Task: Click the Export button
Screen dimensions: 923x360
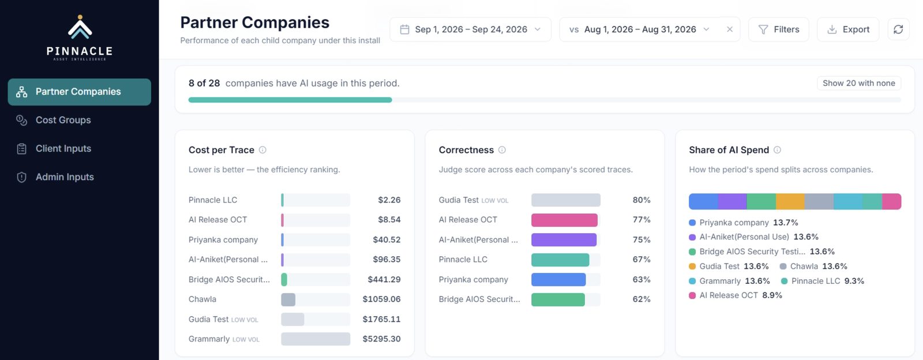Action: (x=848, y=29)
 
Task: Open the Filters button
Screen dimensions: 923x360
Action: (x=778, y=29)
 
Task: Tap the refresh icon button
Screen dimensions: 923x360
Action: (x=898, y=29)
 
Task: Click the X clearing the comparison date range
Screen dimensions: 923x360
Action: (x=730, y=29)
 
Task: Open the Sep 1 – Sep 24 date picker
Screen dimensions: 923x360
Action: (x=470, y=29)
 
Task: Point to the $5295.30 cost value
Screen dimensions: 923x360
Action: (x=381, y=339)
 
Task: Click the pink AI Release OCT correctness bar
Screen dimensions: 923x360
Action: (x=564, y=220)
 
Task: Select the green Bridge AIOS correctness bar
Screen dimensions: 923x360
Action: (x=558, y=299)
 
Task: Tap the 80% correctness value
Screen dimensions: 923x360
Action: (x=641, y=200)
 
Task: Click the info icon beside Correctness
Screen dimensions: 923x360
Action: (x=502, y=150)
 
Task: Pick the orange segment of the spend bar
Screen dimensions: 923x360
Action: (x=790, y=201)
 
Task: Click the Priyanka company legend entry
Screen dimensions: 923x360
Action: (x=744, y=223)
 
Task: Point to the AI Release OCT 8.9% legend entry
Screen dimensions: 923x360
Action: (x=736, y=295)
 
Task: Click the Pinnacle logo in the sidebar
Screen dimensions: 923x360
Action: (x=80, y=38)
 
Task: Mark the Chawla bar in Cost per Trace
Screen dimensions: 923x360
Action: (x=288, y=299)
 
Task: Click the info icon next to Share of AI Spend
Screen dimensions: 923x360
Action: (x=777, y=150)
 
